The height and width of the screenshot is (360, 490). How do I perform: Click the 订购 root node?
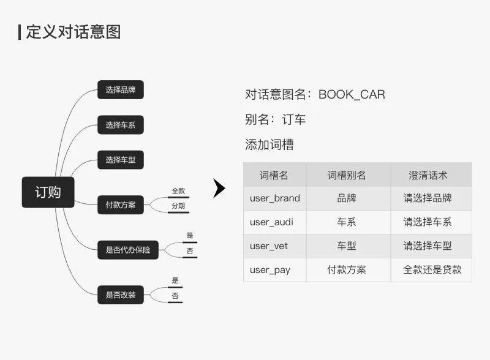(48, 192)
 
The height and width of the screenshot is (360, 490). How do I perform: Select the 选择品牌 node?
(121, 89)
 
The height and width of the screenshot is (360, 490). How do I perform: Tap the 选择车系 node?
(121, 125)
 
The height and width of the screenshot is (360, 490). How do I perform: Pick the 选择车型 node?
(121, 160)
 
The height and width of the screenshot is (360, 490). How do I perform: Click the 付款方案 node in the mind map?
(121, 204)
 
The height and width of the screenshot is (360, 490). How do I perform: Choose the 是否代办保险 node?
(128, 250)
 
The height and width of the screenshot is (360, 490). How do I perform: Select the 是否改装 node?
(121, 294)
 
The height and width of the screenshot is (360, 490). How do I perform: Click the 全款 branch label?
(178, 191)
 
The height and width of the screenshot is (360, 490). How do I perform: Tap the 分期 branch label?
(178, 206)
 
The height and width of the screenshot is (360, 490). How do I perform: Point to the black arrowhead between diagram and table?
(219, 189)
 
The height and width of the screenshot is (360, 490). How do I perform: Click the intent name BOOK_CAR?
(352, 94)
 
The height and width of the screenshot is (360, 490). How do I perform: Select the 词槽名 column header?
(274, 175)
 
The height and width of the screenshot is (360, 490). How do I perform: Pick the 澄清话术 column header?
(428, 175)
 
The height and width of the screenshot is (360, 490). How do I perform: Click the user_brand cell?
(275, 198)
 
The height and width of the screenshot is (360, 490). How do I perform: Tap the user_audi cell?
(271, 222)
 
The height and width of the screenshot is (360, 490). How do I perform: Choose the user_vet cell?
(269, 246)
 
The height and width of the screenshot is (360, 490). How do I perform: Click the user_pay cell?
(270, 270)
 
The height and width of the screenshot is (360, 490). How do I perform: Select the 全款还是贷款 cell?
(432, 269)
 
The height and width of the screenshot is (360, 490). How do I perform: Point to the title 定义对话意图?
(73, 32)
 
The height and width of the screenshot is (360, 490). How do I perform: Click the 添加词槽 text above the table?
(269, 144)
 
